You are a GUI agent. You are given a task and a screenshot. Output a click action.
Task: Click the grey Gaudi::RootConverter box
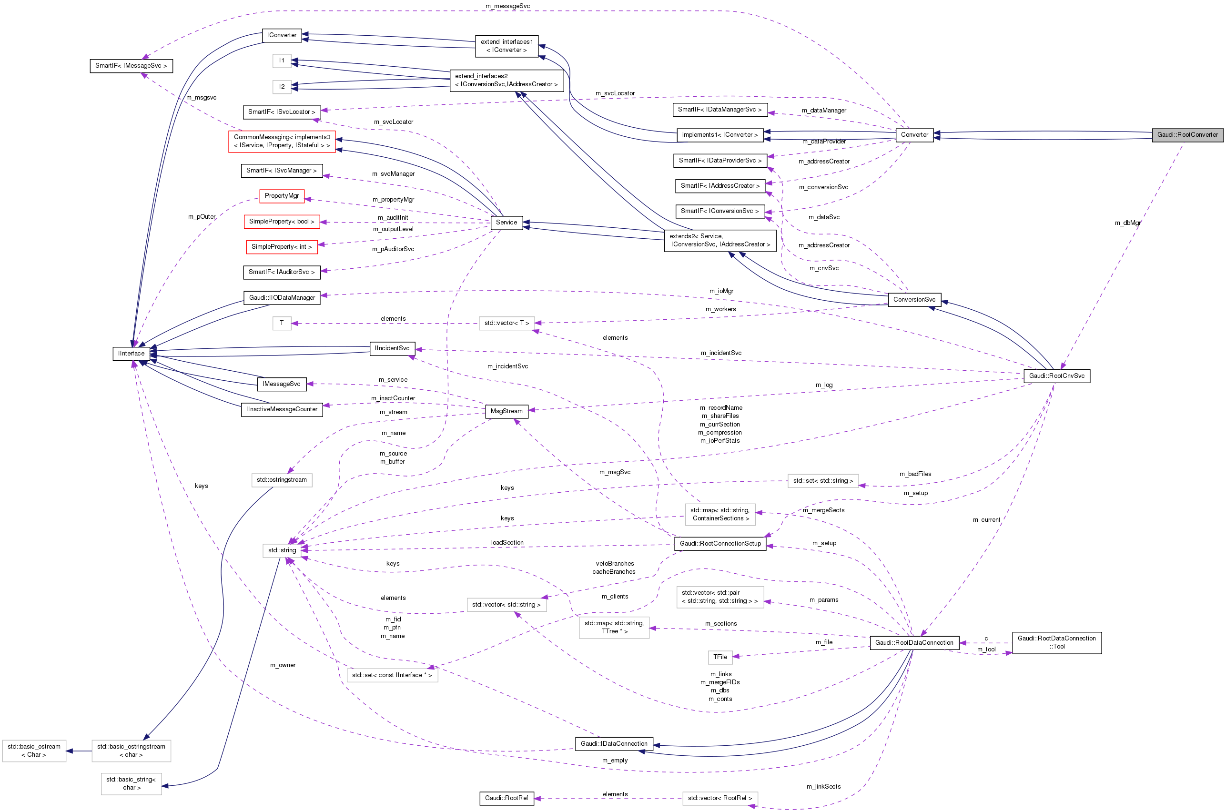[1187, 135]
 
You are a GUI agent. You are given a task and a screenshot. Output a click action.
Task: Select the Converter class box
[914, 135]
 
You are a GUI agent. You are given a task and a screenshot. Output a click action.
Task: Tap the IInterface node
[132, 354]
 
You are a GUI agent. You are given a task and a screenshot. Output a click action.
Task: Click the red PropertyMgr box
[282, 196]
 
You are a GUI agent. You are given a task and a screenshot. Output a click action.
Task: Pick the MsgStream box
[507, 411]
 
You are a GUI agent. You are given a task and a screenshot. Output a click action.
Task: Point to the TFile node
[720, 657]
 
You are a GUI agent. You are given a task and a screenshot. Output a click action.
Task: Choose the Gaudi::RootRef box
[507, 798]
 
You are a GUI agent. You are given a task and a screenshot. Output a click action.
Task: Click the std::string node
[282, 550]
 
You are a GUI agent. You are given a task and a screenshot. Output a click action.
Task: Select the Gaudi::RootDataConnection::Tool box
[1056, 643]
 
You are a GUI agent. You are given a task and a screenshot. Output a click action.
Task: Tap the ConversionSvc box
[914, 300]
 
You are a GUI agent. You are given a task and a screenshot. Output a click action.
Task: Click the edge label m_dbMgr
[1127, 223]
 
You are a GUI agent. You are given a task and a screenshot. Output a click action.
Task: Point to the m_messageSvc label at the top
[507, 6]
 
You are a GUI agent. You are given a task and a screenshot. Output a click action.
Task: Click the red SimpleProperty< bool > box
[282, 222]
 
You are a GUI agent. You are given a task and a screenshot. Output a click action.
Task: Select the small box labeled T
[282, 323]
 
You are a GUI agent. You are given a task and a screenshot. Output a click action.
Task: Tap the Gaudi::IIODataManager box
[282, 298]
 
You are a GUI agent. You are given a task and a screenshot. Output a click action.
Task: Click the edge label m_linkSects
[823, 787]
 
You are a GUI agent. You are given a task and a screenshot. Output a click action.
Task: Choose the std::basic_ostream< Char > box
[34, 751]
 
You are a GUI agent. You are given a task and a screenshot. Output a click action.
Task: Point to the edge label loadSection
[507, 543]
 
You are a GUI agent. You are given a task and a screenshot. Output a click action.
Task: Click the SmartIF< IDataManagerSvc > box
[719, 110]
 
